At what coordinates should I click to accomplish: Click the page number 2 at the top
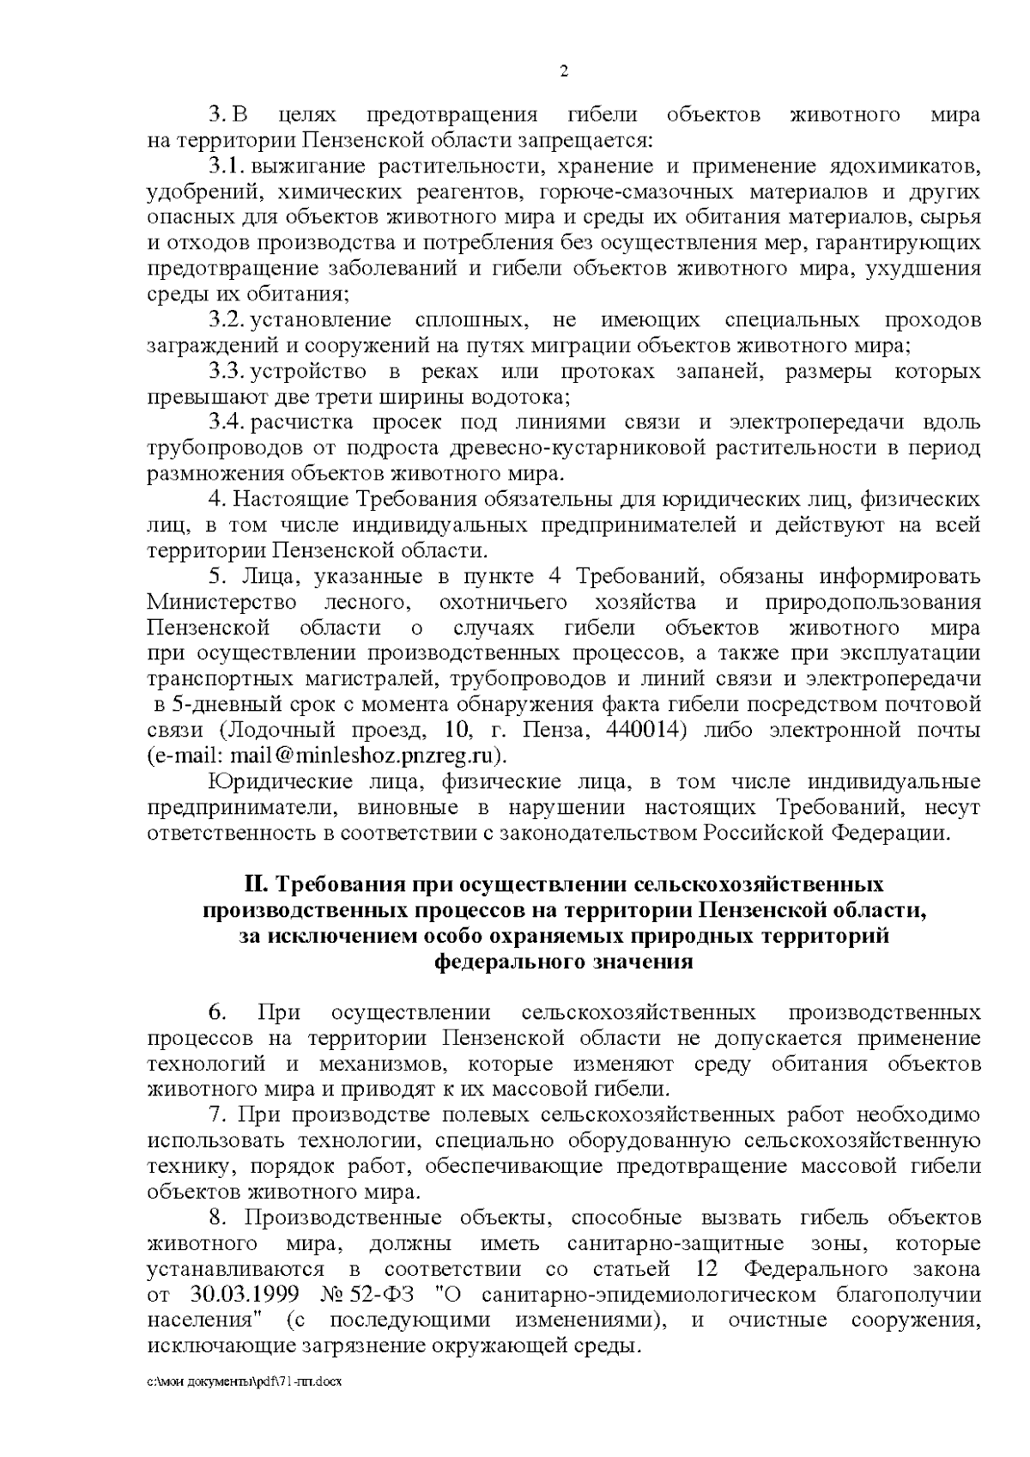564,71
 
